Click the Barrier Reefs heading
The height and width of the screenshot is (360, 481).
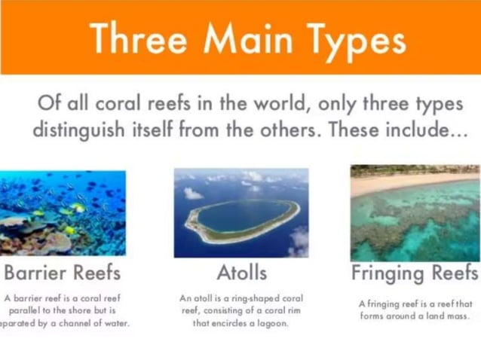point(63,272)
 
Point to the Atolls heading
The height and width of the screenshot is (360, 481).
point(240,272)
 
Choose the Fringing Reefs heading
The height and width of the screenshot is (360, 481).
point(415,272)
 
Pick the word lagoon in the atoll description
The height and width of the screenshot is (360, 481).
point(268,323)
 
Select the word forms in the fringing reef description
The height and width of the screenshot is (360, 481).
point(376,316)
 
